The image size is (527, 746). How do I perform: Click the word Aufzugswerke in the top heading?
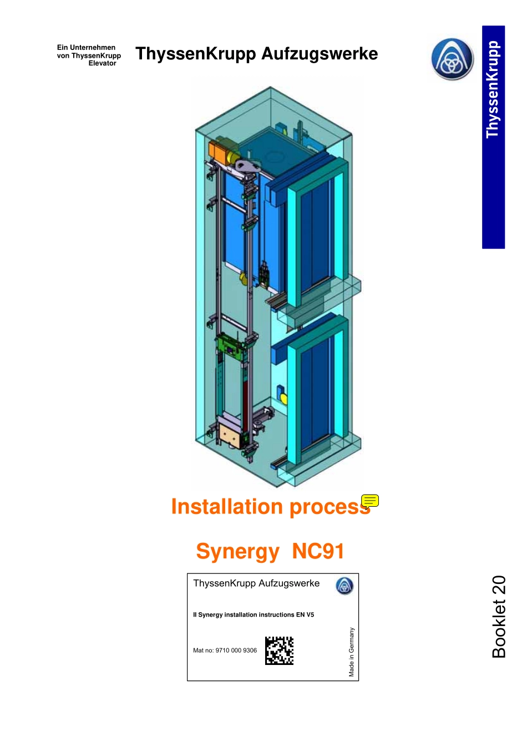pyautogui.click(x=320, y=54)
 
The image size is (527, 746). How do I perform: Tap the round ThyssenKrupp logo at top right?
pyautogui.click(x=452, y=59)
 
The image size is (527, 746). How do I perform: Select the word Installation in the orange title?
pyautogui.click(x=227, y=507)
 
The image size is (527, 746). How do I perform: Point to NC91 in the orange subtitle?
pyautogui.click(x=318, y=551)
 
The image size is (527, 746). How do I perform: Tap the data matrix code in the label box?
pyautogui.click(x=279, y=651)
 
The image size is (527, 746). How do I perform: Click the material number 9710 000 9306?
pyautogui.click(x=236, y=651)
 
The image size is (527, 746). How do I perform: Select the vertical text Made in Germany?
pyautogui.click(x=351, y=652)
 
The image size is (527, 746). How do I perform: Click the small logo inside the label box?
pyautogui.click(x=344, y=586)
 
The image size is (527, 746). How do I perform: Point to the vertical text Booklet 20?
pyautogui.click(x=498, y=617)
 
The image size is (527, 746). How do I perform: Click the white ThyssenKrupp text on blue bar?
pyautogui.click(x=493, y=89)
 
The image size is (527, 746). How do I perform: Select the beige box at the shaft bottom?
pyautogui.click(x=229, y=435)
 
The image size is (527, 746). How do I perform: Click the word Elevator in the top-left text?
pyautogui.click(x=102, y=63)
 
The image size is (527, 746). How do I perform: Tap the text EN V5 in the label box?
pyautogui.click(x=305, y=615)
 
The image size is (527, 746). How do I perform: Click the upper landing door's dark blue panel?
pyautogui.click(x=315, y=233)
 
